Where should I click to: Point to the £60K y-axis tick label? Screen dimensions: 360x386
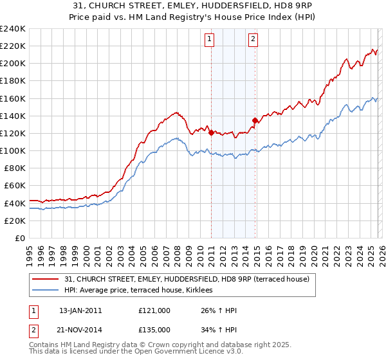(x=14, y=186)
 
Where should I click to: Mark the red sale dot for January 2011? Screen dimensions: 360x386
(x=211, y=132)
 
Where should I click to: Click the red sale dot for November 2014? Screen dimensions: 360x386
(x=255, y=120)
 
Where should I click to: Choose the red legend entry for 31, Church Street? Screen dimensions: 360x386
(x=187, y=279)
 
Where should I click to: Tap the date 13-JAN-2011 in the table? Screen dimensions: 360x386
(x=80, y=310)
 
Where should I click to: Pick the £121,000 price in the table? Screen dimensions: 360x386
(x=154, y=310)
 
